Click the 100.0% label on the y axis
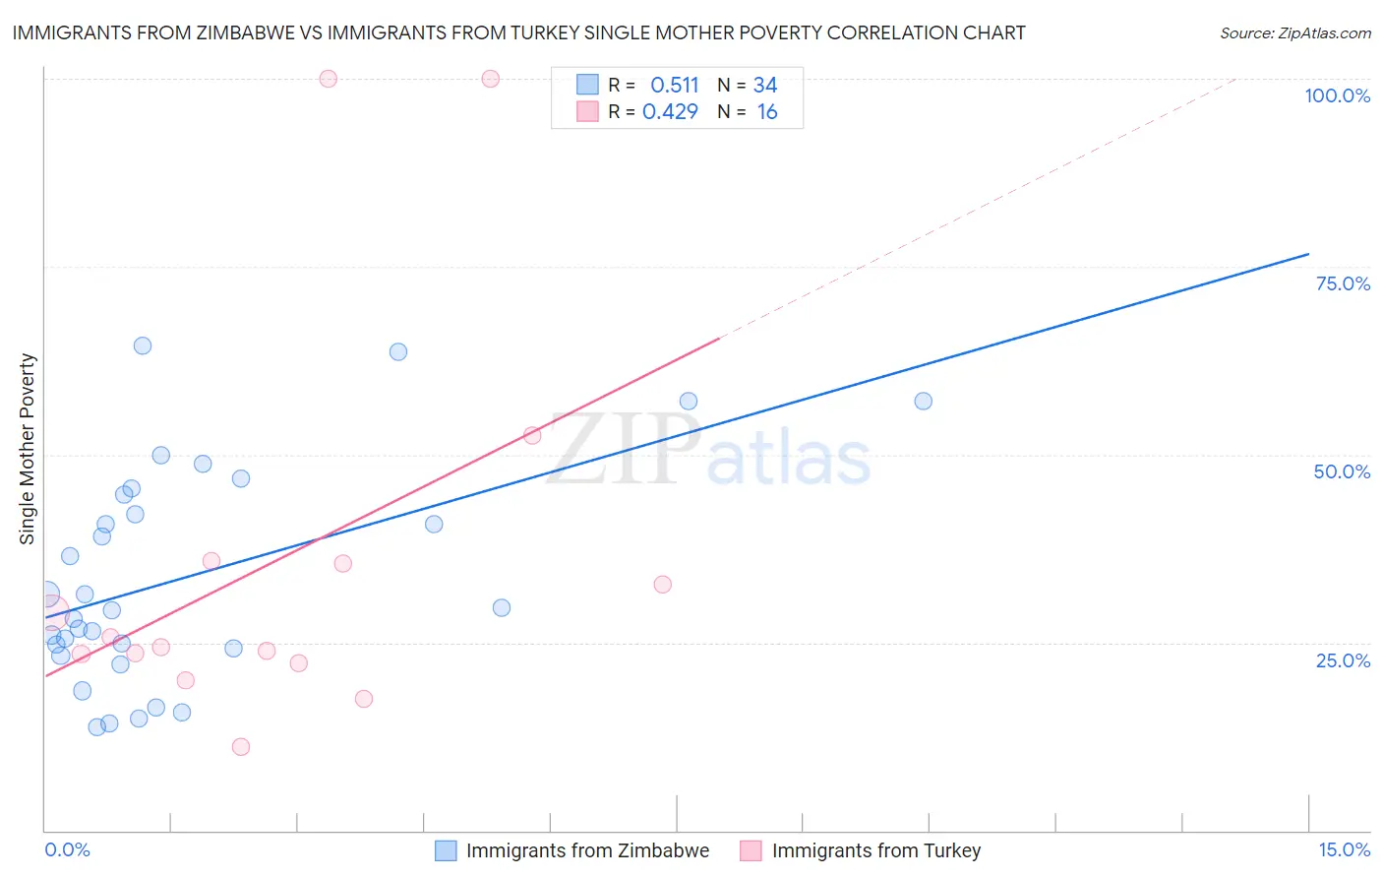(x=1337, y=95)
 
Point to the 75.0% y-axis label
(x=1343, y=283)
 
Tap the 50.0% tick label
(x=1342, y=471)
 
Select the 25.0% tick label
(x=1343, y=660)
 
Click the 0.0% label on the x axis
(x=67, y=849)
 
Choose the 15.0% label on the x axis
(x=1344, y=849)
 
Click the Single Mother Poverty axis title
(x=28, y=449)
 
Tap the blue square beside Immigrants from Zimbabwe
(x=446, y=850)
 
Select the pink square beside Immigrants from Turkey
(x=752, y=850)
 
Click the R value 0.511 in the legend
(x=674, y=86)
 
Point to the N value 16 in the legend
(x=767, y=112)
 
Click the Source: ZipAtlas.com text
(x=1294, y=33)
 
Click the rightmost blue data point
(x=923, y=401)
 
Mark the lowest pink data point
(x=241, y=747)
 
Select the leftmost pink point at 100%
(x=329, y=79)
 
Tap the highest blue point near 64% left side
(x=143, y=345)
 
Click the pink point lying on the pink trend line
(x=532, y=435)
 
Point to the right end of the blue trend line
(x=1308, y=254)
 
